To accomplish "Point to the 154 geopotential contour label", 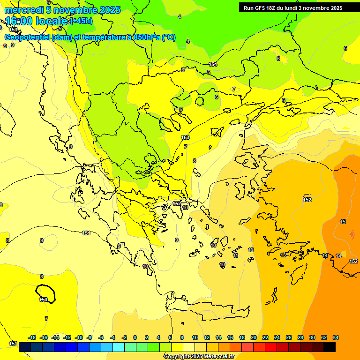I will [x=213, y=64].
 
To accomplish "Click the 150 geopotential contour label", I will [x=43, y=300].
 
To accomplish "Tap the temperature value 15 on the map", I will [x=343, y=222].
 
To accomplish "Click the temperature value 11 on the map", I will [x=235, y=255].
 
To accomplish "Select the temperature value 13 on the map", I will [x=283, y=255].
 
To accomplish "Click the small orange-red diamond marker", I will [x=352, y=234].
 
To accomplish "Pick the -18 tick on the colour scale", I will [x=32, y=337].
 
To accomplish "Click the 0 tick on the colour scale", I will [x=135, y=337].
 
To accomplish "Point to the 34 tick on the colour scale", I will [x=335, y=337].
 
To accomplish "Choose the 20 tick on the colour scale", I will [x=254, y=337].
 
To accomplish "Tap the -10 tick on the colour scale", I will [x=79, y=337].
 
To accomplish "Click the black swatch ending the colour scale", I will [x=330, y=347].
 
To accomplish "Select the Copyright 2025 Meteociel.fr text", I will [x=199, y=356].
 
